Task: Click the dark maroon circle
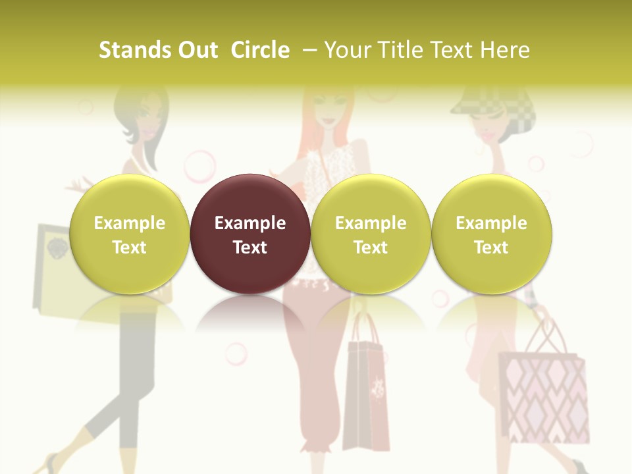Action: point(250,234)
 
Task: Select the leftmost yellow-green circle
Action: point(129,234)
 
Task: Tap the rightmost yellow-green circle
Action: point(491,234)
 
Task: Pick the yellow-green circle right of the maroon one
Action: point(371,234)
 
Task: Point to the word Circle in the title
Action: point(260,50)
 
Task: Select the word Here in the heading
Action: point(506,50)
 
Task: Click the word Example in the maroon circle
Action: point(250,223)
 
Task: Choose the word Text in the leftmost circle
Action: point(129,248)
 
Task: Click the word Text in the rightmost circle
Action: point(491,248)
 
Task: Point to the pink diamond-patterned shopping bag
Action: point(543,395)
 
